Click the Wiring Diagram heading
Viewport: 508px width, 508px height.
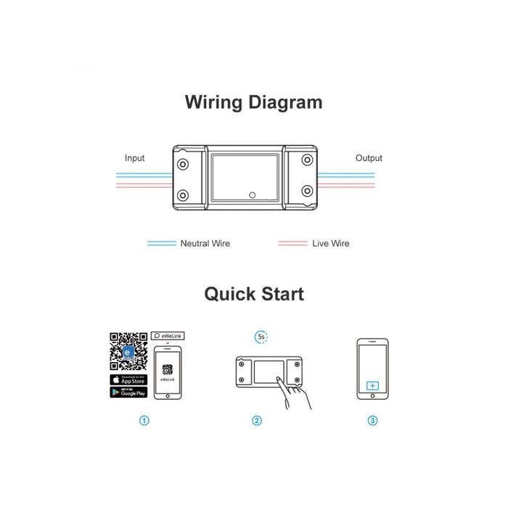click(x=253, y=102)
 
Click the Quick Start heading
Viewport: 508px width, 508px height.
click(x=253, y=294)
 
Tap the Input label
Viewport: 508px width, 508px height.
click(x=134, y=158)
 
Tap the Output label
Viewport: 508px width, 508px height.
click(x=369, y=158)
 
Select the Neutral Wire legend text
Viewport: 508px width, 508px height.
click(x=205, y=244)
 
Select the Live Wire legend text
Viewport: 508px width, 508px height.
click(x=330, y=244)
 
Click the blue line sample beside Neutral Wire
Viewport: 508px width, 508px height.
click(x=161, y=244)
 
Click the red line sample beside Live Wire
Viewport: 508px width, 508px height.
click(x=292, y=244)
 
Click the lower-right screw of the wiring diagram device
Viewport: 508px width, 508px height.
click(x=307, y=192)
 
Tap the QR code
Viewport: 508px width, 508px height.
click(x=128, y=351)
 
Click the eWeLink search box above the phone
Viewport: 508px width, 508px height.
click(x=168, y=337)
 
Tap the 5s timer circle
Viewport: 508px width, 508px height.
click(x=261, y=337)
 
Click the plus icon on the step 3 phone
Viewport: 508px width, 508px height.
click(x=372, y=386)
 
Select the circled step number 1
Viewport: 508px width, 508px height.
click(x=144, y=421)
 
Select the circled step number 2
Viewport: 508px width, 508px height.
click(x=256, y=421)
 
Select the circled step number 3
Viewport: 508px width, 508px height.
click(x=372, y=421)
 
